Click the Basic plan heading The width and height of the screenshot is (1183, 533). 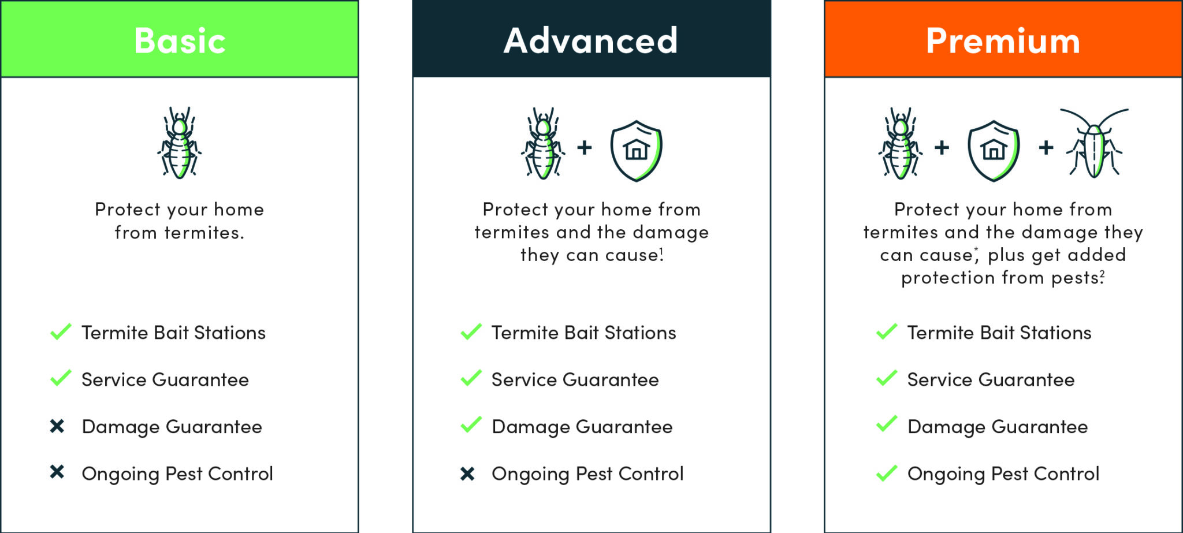(x=180, y=41)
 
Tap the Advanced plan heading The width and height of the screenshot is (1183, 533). (x=590, y=41)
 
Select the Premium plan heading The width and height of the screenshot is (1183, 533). (x=1003, y=41)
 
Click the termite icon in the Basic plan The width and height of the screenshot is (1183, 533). (x=180, y=143)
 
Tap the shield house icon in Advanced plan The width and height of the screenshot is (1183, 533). (x=636, y=151)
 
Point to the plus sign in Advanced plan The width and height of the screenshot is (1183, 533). (x=585, y=148)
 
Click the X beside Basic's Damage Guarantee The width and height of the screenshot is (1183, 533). (x=57, y=426)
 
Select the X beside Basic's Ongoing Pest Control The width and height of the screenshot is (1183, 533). (x=57, y=472)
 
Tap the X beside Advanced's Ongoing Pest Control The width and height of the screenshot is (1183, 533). (x=467, y=474)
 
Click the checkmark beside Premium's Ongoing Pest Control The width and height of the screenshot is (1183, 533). (x=886, y=474)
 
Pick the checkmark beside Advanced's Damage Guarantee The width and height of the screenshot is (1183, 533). (x=471, y=425)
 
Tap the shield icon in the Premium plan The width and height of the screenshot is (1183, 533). (x=994, y=151)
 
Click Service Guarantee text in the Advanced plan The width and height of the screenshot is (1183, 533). (x=575, y=380)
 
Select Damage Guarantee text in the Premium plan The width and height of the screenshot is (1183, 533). (x=998, y=427)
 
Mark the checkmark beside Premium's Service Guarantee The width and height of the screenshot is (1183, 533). (x=886, y=378)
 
